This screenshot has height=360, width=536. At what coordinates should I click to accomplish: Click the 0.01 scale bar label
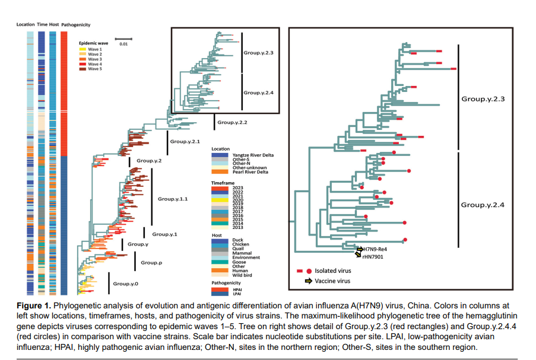pyautogui.click(x=123, y=44)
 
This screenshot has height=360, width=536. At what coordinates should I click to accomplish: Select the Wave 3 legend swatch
pyautogui.click(x=83, y=59)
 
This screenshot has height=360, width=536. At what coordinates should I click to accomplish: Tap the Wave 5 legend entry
pyautogui.click(x=95, y=69)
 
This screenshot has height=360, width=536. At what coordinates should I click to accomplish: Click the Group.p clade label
pyautogui.click(x=153, y=262)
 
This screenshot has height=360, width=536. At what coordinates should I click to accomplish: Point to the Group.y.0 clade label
pyautogui.click(x=126, y=284)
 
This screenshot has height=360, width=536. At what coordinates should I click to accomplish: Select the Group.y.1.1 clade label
pyautogui.click(x=173, y=199)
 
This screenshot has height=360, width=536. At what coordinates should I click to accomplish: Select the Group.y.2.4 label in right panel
pyautogui.click(x=483, y=205)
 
